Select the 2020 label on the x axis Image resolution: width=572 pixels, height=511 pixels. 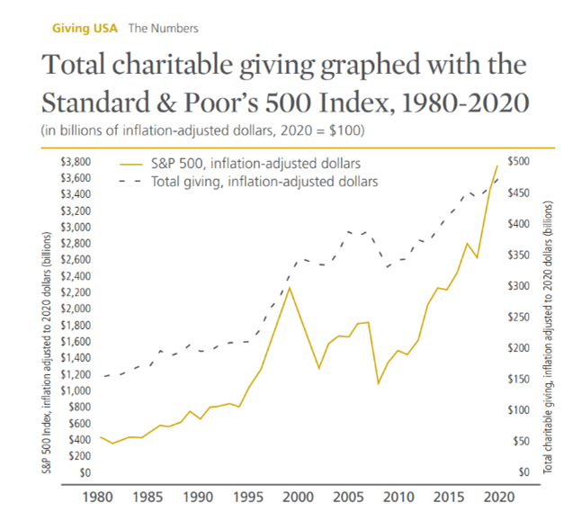[497, 497]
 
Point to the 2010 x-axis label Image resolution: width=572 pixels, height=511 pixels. [398, 497]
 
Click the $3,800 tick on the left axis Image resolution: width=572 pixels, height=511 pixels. [76, 162]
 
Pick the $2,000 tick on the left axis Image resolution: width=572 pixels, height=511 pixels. [76, 309]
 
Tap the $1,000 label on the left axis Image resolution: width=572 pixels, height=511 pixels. [76, 390]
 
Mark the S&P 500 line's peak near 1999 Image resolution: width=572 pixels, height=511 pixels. [289, 287]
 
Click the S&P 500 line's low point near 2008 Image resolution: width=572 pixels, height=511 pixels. [378, 383]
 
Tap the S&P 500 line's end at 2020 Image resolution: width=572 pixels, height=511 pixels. [497, 166]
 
